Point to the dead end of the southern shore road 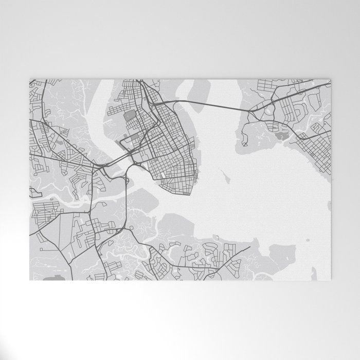pos(250,247)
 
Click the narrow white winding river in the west pos(67,198)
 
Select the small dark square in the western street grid pos(47,219)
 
